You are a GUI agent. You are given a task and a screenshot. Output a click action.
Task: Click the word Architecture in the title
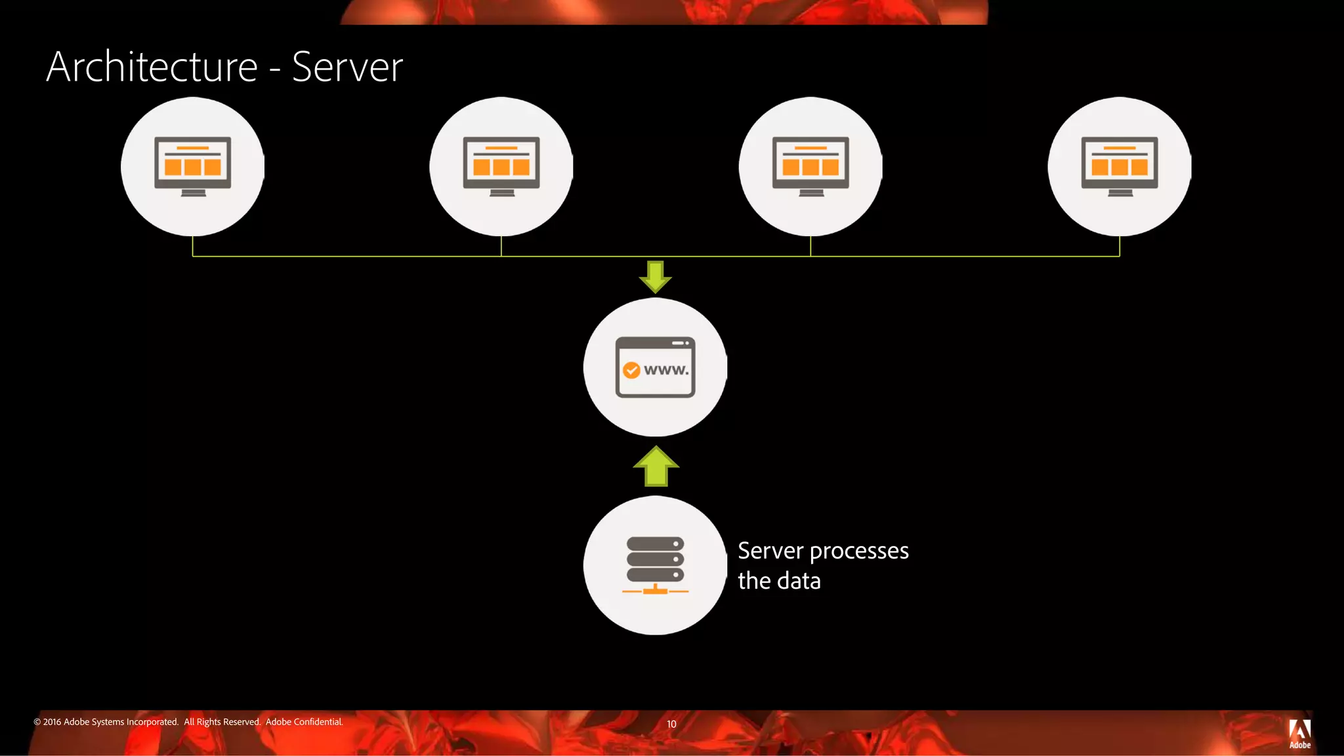tap(152, 67)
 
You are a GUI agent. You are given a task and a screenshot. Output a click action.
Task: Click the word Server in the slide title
tap(347, 67)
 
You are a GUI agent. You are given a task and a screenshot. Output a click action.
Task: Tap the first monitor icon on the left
tap(192, 166)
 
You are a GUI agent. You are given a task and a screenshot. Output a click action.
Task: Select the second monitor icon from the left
tap(501, 166)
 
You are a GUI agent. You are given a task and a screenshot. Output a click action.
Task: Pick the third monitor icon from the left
tap(810, 166)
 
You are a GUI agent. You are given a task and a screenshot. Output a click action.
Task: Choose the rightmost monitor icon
tap(1120, 166)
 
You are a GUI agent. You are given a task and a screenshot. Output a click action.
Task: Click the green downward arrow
tap(655, 276)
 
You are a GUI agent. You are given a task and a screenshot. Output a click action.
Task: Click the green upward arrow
tap(656, 467)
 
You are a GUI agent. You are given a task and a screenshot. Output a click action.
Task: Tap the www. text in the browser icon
tap(666, 370)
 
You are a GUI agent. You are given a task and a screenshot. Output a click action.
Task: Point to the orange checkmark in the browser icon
tap(631, 371)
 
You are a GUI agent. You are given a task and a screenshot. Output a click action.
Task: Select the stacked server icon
tap(655, 559)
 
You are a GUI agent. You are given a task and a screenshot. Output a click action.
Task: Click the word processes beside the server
tap(859, 552)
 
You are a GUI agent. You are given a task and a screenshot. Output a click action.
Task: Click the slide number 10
tap(671, 724)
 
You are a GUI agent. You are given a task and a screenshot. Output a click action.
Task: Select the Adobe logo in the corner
tap(1299, 733)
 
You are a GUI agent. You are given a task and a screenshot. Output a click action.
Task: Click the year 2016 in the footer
tap(52, 722)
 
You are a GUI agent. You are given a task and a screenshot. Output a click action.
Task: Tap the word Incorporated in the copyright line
tap(152, 722)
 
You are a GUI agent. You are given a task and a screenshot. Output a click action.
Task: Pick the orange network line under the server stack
tap(655, 591)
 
